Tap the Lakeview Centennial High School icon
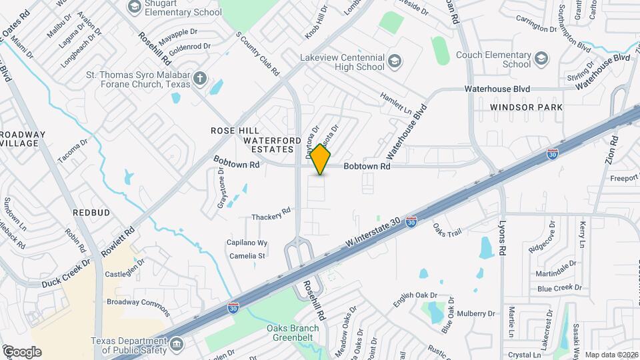pos(395,62)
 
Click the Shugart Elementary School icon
pos(134,7)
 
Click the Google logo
pos(21,352)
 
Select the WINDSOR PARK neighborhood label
pos(526,107)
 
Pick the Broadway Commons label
pos(138,307)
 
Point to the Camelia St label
pos(247,255)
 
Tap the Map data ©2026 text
pos(611,355)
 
